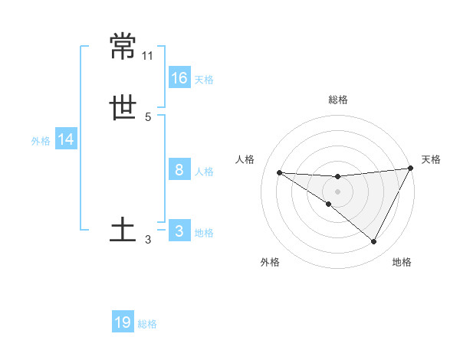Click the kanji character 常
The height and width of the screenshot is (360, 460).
[x=123, y=46]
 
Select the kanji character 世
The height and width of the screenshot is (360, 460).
[x=123, y=109]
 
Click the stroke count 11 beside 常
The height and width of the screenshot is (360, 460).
[x=148, y=56]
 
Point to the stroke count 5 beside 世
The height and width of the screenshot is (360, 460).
[x=148, y=117]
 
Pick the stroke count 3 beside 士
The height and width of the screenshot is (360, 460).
[x=148, y=240]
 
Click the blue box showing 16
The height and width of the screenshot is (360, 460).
[x=179, y=77]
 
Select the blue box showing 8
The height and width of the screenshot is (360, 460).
[x=179, y=169]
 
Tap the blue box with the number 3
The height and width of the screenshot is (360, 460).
[x=179, y=231]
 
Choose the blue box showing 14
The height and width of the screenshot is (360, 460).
[x=67, y=139]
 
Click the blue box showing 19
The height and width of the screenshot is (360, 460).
[x=123, y=322]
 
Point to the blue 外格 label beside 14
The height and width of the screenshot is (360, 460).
[x=41, y=141]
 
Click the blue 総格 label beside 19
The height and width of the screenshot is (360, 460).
[x=147, y=324]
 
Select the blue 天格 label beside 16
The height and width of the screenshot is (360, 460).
[x=204, y=80]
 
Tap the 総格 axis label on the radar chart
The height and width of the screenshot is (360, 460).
[x=337, y=100]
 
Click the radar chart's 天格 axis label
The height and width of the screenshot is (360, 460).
[x=431, y=159]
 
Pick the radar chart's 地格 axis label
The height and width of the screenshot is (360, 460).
[x=402, y=262]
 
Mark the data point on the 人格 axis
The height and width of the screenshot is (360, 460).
[x=279, y=172]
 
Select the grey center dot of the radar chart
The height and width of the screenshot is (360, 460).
[x=337, y=191]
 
